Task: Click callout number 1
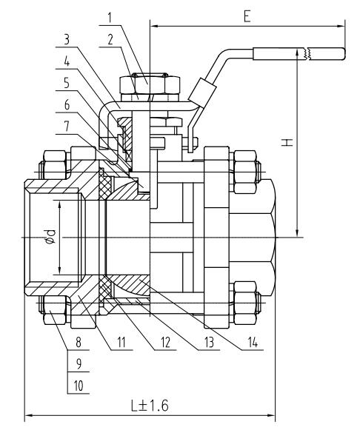[x=110, y=18]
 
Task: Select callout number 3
[x=67, y=40]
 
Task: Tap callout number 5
[x=67, y=83]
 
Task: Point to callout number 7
[x=67, y=127]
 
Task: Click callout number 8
[x=79, y=343]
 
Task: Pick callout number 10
[x=79, y=386]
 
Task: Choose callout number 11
[x=121, y=343]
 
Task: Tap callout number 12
[x=165, y=343]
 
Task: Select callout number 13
[x=209, y=343]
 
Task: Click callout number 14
[x=253, y=343]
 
